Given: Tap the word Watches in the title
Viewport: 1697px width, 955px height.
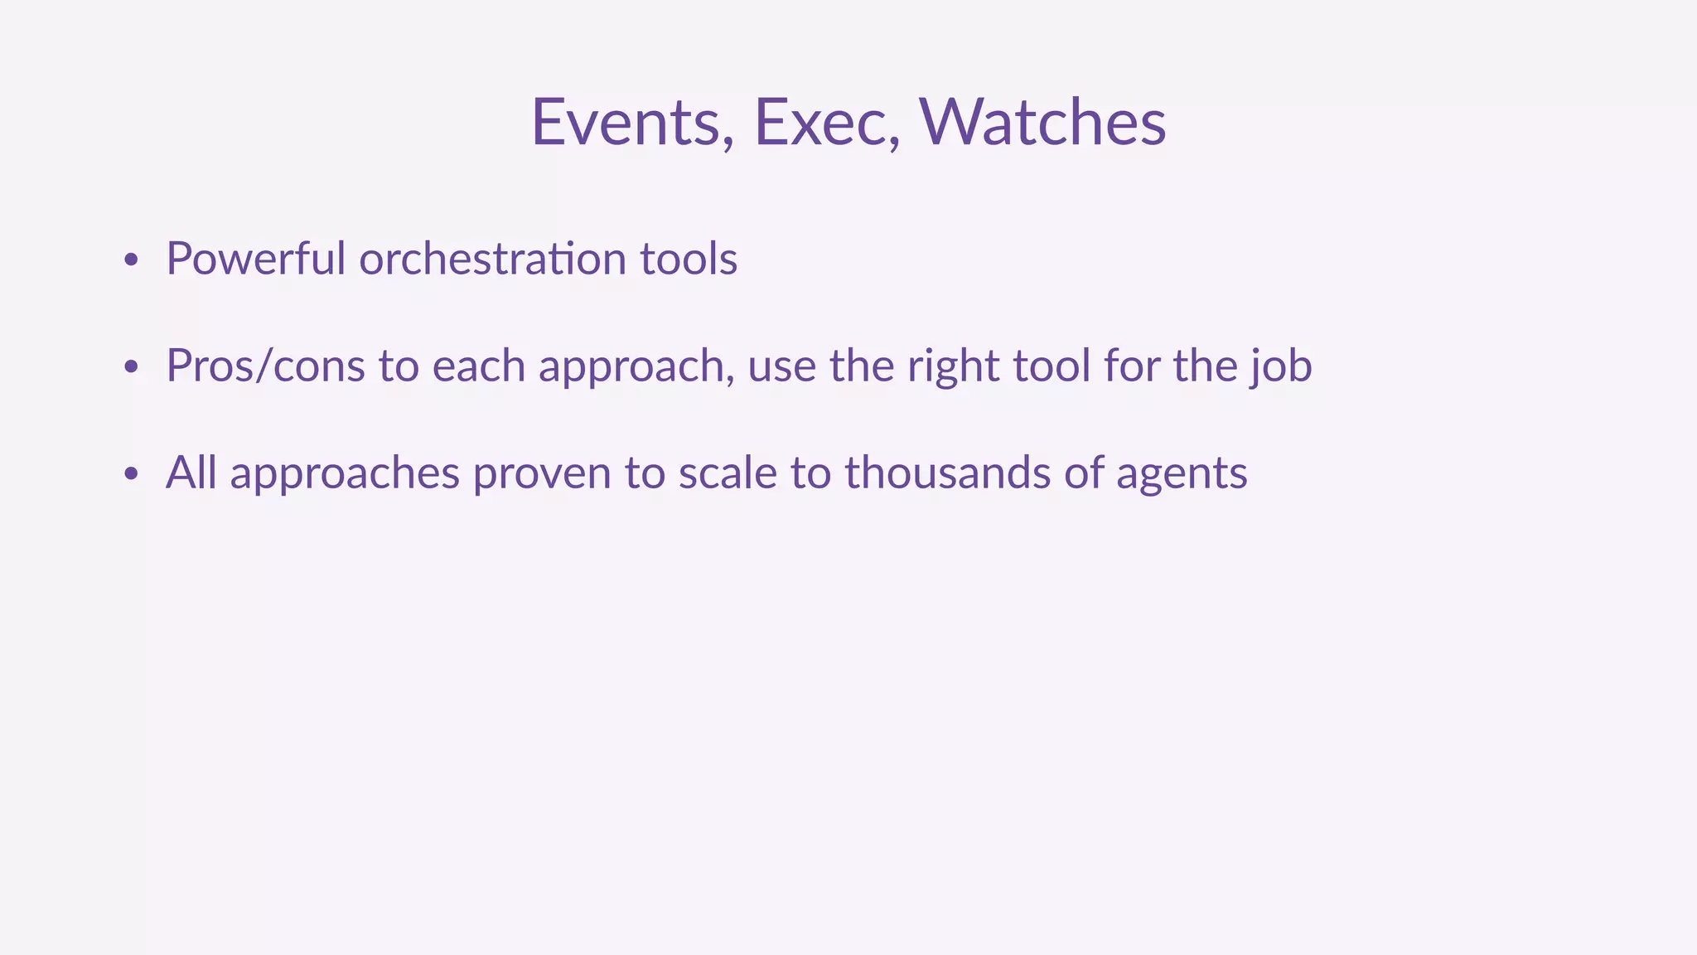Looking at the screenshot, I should click(1042, 123).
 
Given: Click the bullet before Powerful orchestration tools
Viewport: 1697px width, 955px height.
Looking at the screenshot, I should click(130, 260).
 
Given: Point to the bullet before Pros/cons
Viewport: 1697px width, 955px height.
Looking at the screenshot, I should click(130, 367).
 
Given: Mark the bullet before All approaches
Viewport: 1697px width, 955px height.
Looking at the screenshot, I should click(130, 474).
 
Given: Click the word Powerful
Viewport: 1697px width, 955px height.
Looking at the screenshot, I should click(255, 259).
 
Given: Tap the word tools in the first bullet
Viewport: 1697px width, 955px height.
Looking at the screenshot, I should click(689, 259).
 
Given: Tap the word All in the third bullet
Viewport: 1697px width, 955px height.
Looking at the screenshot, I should click(191, 473).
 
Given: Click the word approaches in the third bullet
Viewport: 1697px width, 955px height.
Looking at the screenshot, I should click(344, 474).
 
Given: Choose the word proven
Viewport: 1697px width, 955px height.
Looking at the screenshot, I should click(542, 474).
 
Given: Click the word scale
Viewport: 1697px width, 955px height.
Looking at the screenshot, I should click(728, 473).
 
